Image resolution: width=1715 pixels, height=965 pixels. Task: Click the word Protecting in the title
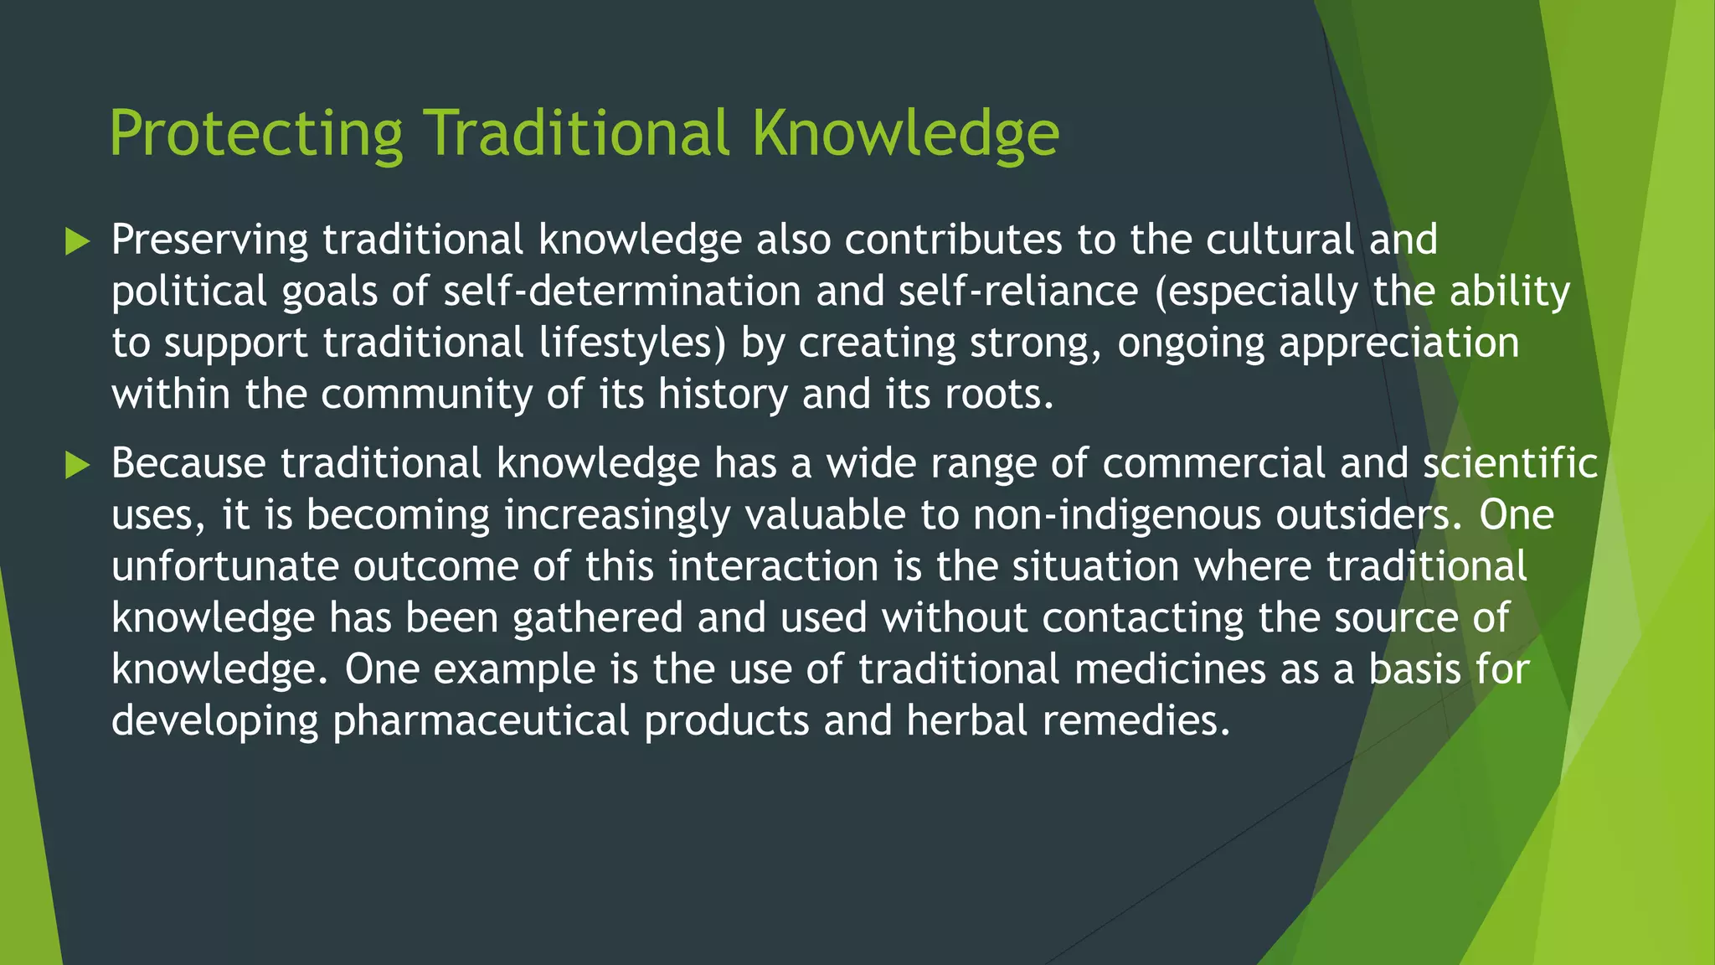pos(256,134)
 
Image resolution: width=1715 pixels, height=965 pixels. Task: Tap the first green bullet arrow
pos(77,242)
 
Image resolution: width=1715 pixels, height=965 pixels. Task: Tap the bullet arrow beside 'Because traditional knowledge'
pos(77,465)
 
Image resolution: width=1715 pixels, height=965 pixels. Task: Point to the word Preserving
pos(210,240)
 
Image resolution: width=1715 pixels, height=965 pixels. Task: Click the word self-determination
pos(622,292)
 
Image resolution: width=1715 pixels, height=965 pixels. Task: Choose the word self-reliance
pos(1018,292)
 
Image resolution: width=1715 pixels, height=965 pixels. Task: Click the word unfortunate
pos(224,567)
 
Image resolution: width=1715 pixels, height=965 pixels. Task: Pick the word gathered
pos(597,618)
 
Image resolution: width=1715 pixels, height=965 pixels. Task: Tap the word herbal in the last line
pos(966,721)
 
